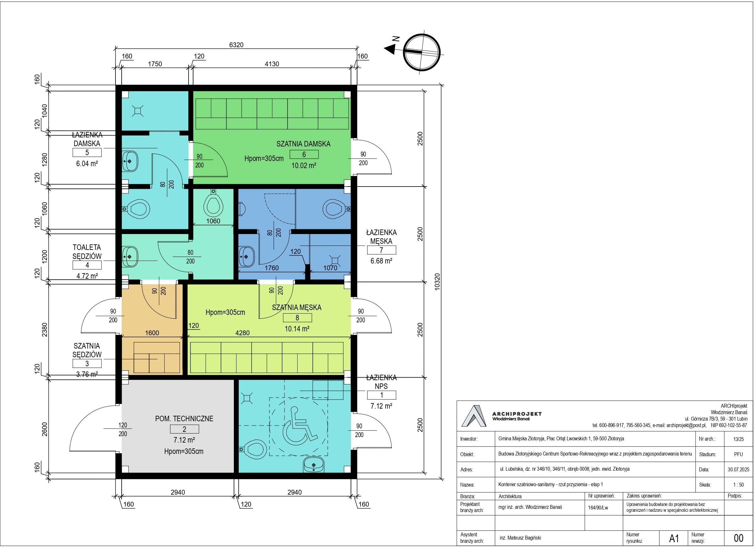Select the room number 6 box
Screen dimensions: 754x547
click(x=304, y=155)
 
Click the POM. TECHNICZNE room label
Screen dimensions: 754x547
click(x=184, y=418)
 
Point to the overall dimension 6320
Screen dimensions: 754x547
click(x=236, y=45)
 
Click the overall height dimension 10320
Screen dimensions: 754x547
click(x=437, y=282)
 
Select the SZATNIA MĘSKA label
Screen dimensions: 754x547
click(x=297, y=307)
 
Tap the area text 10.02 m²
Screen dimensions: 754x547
click(x=304, y=166)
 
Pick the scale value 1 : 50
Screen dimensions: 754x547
click(x=738, y=485)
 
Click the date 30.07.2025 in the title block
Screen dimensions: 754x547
click(x=738, y=469)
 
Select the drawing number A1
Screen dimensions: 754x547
click(x=674, y=538)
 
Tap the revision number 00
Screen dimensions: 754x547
click(x=738, y=538)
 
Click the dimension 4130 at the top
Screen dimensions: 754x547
click(x=272, y=64)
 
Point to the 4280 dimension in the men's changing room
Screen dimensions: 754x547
click(x=242, y=333)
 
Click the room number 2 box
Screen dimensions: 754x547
click(x=184, y=429)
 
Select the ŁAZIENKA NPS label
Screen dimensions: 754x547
click(x=381, y=382)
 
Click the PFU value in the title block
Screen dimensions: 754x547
click(x=738, y=454)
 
